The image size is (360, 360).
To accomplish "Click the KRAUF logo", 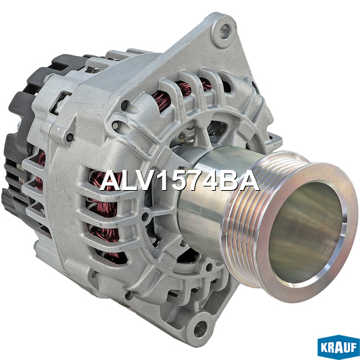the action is pyautogui.click(x=338, y=348).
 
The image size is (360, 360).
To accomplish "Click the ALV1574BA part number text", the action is pyautogui.click(x=179, y=181).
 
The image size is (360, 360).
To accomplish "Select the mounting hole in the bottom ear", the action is pyautogui.click(x=200, y=328).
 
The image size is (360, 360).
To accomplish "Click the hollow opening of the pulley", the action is pyautogui.click(x=305, y=233).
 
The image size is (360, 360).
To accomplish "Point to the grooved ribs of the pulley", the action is pyautogui.click(x=243, y=216).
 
